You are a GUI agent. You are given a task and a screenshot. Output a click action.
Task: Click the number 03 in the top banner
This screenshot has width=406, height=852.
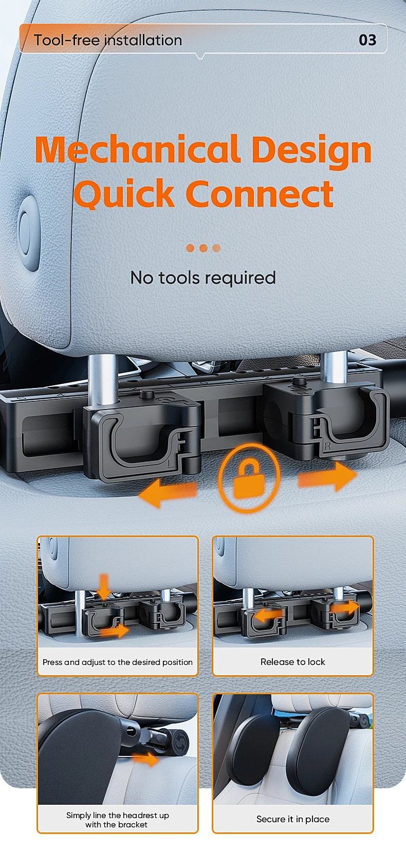tap(367, 40)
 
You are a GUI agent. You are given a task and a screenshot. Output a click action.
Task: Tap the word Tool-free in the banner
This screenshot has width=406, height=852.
tap(67, 40)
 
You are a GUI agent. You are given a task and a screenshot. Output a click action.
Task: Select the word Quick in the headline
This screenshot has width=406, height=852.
tap(124, 193)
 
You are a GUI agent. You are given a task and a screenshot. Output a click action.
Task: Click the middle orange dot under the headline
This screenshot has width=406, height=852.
tap(204, 248)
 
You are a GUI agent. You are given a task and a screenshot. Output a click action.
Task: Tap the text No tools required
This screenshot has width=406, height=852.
tap(203, 277)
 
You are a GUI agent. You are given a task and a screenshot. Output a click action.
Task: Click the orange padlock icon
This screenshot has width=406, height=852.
tap(249, 478)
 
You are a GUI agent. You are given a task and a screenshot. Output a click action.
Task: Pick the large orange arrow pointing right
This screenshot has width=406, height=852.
tap(327, 476)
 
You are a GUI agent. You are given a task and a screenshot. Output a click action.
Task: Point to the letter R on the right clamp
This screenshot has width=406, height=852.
tap(327, 446)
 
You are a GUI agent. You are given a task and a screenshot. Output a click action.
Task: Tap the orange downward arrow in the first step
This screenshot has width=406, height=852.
tap(103, 586)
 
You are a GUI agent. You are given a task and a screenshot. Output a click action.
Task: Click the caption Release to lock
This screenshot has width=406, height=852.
tap(292, 662)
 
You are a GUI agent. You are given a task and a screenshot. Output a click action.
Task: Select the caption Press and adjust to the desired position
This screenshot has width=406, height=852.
tap(118, 662)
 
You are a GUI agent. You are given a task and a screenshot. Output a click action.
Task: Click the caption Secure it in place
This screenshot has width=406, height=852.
tap(293, 819)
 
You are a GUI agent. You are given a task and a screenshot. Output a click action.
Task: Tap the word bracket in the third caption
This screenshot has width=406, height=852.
tap(132, 825)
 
